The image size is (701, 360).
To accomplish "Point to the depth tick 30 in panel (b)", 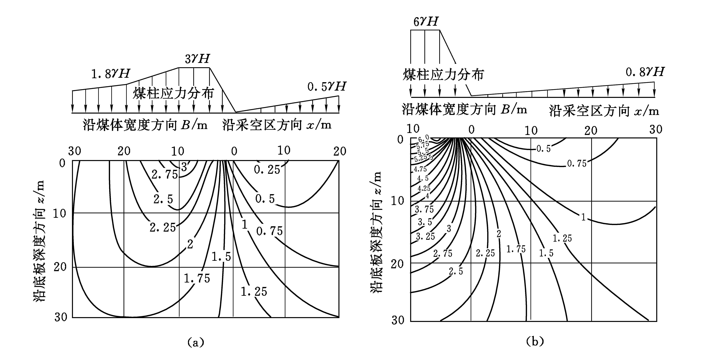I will pos(398,320).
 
